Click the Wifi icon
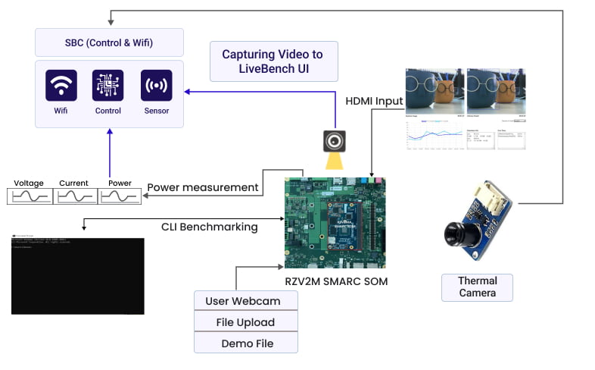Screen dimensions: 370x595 click(61, 86)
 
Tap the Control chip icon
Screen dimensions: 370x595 click(108, 86)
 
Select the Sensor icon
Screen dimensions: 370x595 click(156, 86)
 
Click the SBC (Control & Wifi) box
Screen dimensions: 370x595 click(109, 42)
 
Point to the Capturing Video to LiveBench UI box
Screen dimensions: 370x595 click(272, 61)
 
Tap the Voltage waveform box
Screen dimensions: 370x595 click(30, 196)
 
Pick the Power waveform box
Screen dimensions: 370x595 click(120, 196)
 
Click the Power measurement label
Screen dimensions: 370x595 click(203, 187)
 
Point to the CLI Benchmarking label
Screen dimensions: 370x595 click(209, 226)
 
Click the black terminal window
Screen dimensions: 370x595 click(77, 275)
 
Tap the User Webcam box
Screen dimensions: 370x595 click(245, 301)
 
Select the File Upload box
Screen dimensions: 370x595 click(245, 322)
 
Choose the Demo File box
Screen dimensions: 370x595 click(245, 343)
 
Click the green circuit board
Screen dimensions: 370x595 click(335, 222)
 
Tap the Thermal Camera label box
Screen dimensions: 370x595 click(477, 287)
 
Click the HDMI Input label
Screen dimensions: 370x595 click(374, 101)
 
